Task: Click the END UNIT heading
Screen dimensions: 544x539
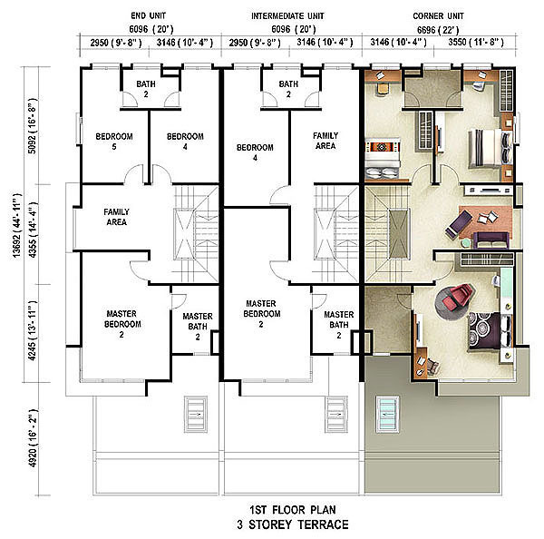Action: pos(148,16)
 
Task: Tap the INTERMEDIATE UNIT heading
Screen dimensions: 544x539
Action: pos(287,16)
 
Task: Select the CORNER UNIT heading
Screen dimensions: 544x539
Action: pos(438,16)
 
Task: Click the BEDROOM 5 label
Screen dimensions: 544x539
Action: pos(114,142)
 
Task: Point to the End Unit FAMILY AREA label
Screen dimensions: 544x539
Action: pos(117,217)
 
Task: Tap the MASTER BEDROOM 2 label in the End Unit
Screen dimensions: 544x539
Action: pos(122,324)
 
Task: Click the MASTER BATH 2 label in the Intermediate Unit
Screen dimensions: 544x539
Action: pos(338,325)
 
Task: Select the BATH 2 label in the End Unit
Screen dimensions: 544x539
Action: pos(146,89)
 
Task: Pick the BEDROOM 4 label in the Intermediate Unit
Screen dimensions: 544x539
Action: pos(255,152)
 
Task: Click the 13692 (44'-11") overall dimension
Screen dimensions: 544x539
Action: pos(16,226)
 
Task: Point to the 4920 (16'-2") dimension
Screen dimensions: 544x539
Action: pos(32,438)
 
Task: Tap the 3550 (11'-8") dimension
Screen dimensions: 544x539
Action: pos(476,43)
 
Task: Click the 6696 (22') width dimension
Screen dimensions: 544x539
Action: pos(438,30)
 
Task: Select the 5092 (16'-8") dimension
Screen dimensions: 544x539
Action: pos(32,126)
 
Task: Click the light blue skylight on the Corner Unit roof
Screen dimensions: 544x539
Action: pos(387,415)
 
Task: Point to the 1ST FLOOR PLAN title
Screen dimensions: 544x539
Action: pos(293,510)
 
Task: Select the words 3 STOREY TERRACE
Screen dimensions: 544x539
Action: pos(293,524)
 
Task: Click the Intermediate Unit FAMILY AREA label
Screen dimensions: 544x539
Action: pos(325,141)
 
